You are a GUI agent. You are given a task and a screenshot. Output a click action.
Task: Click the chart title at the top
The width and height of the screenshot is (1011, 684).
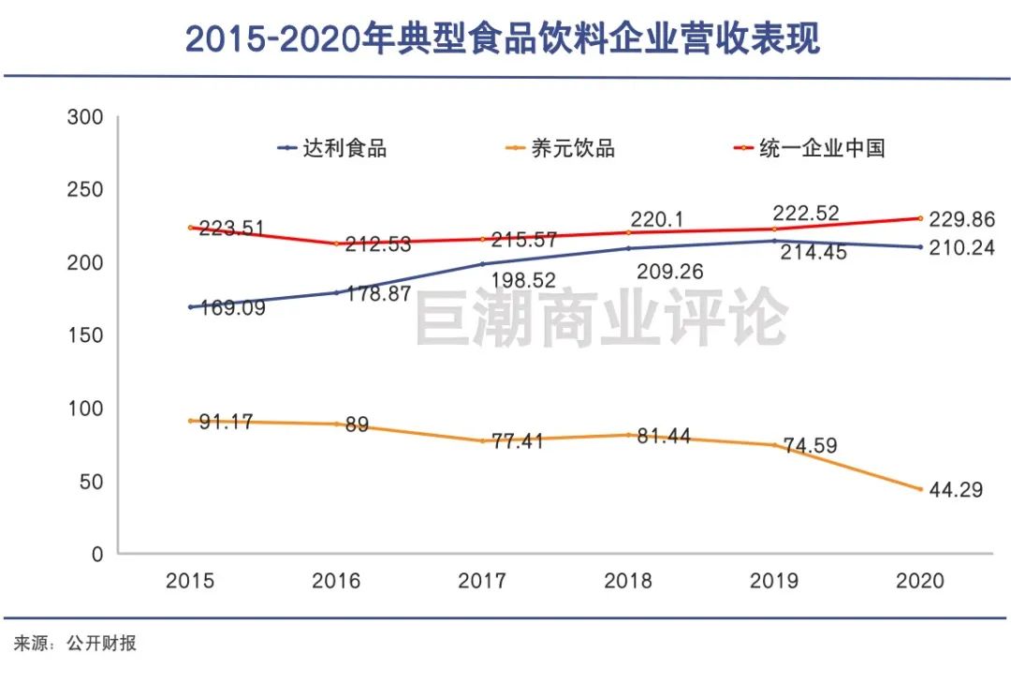(x=503, y=38)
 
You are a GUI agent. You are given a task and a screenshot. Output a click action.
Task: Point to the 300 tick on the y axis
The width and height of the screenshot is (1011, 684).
(x=85, y=118)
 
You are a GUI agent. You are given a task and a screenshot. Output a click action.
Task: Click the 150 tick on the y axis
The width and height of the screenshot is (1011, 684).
(x=85, y=335)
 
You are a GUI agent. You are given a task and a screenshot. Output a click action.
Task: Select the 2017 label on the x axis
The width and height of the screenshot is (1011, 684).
(x=482, y=581)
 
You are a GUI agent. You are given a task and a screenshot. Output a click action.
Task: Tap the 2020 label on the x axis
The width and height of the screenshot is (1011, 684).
(x=920, y=581)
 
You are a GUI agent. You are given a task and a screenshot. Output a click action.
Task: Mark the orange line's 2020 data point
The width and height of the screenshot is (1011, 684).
(x=920, y=489)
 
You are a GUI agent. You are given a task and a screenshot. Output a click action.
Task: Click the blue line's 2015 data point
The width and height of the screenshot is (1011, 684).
(x=190, y=306)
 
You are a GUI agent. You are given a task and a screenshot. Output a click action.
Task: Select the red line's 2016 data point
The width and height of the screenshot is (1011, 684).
(x=336, y=244)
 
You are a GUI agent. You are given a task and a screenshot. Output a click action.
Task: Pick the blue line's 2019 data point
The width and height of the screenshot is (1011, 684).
(x=774, y=241)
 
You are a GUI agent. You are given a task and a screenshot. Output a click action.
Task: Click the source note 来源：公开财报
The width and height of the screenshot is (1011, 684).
(x=74, y=645)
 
